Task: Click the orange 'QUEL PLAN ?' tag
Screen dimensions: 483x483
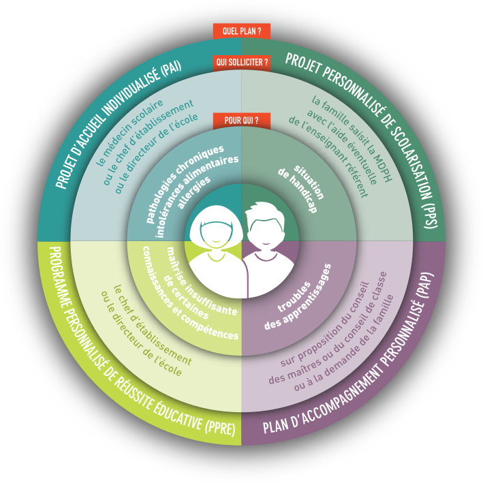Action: tap(242, 31)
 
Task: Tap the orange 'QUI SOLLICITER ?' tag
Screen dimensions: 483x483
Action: tap(242, 62)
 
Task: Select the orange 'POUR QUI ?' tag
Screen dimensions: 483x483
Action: tap(241, 121)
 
